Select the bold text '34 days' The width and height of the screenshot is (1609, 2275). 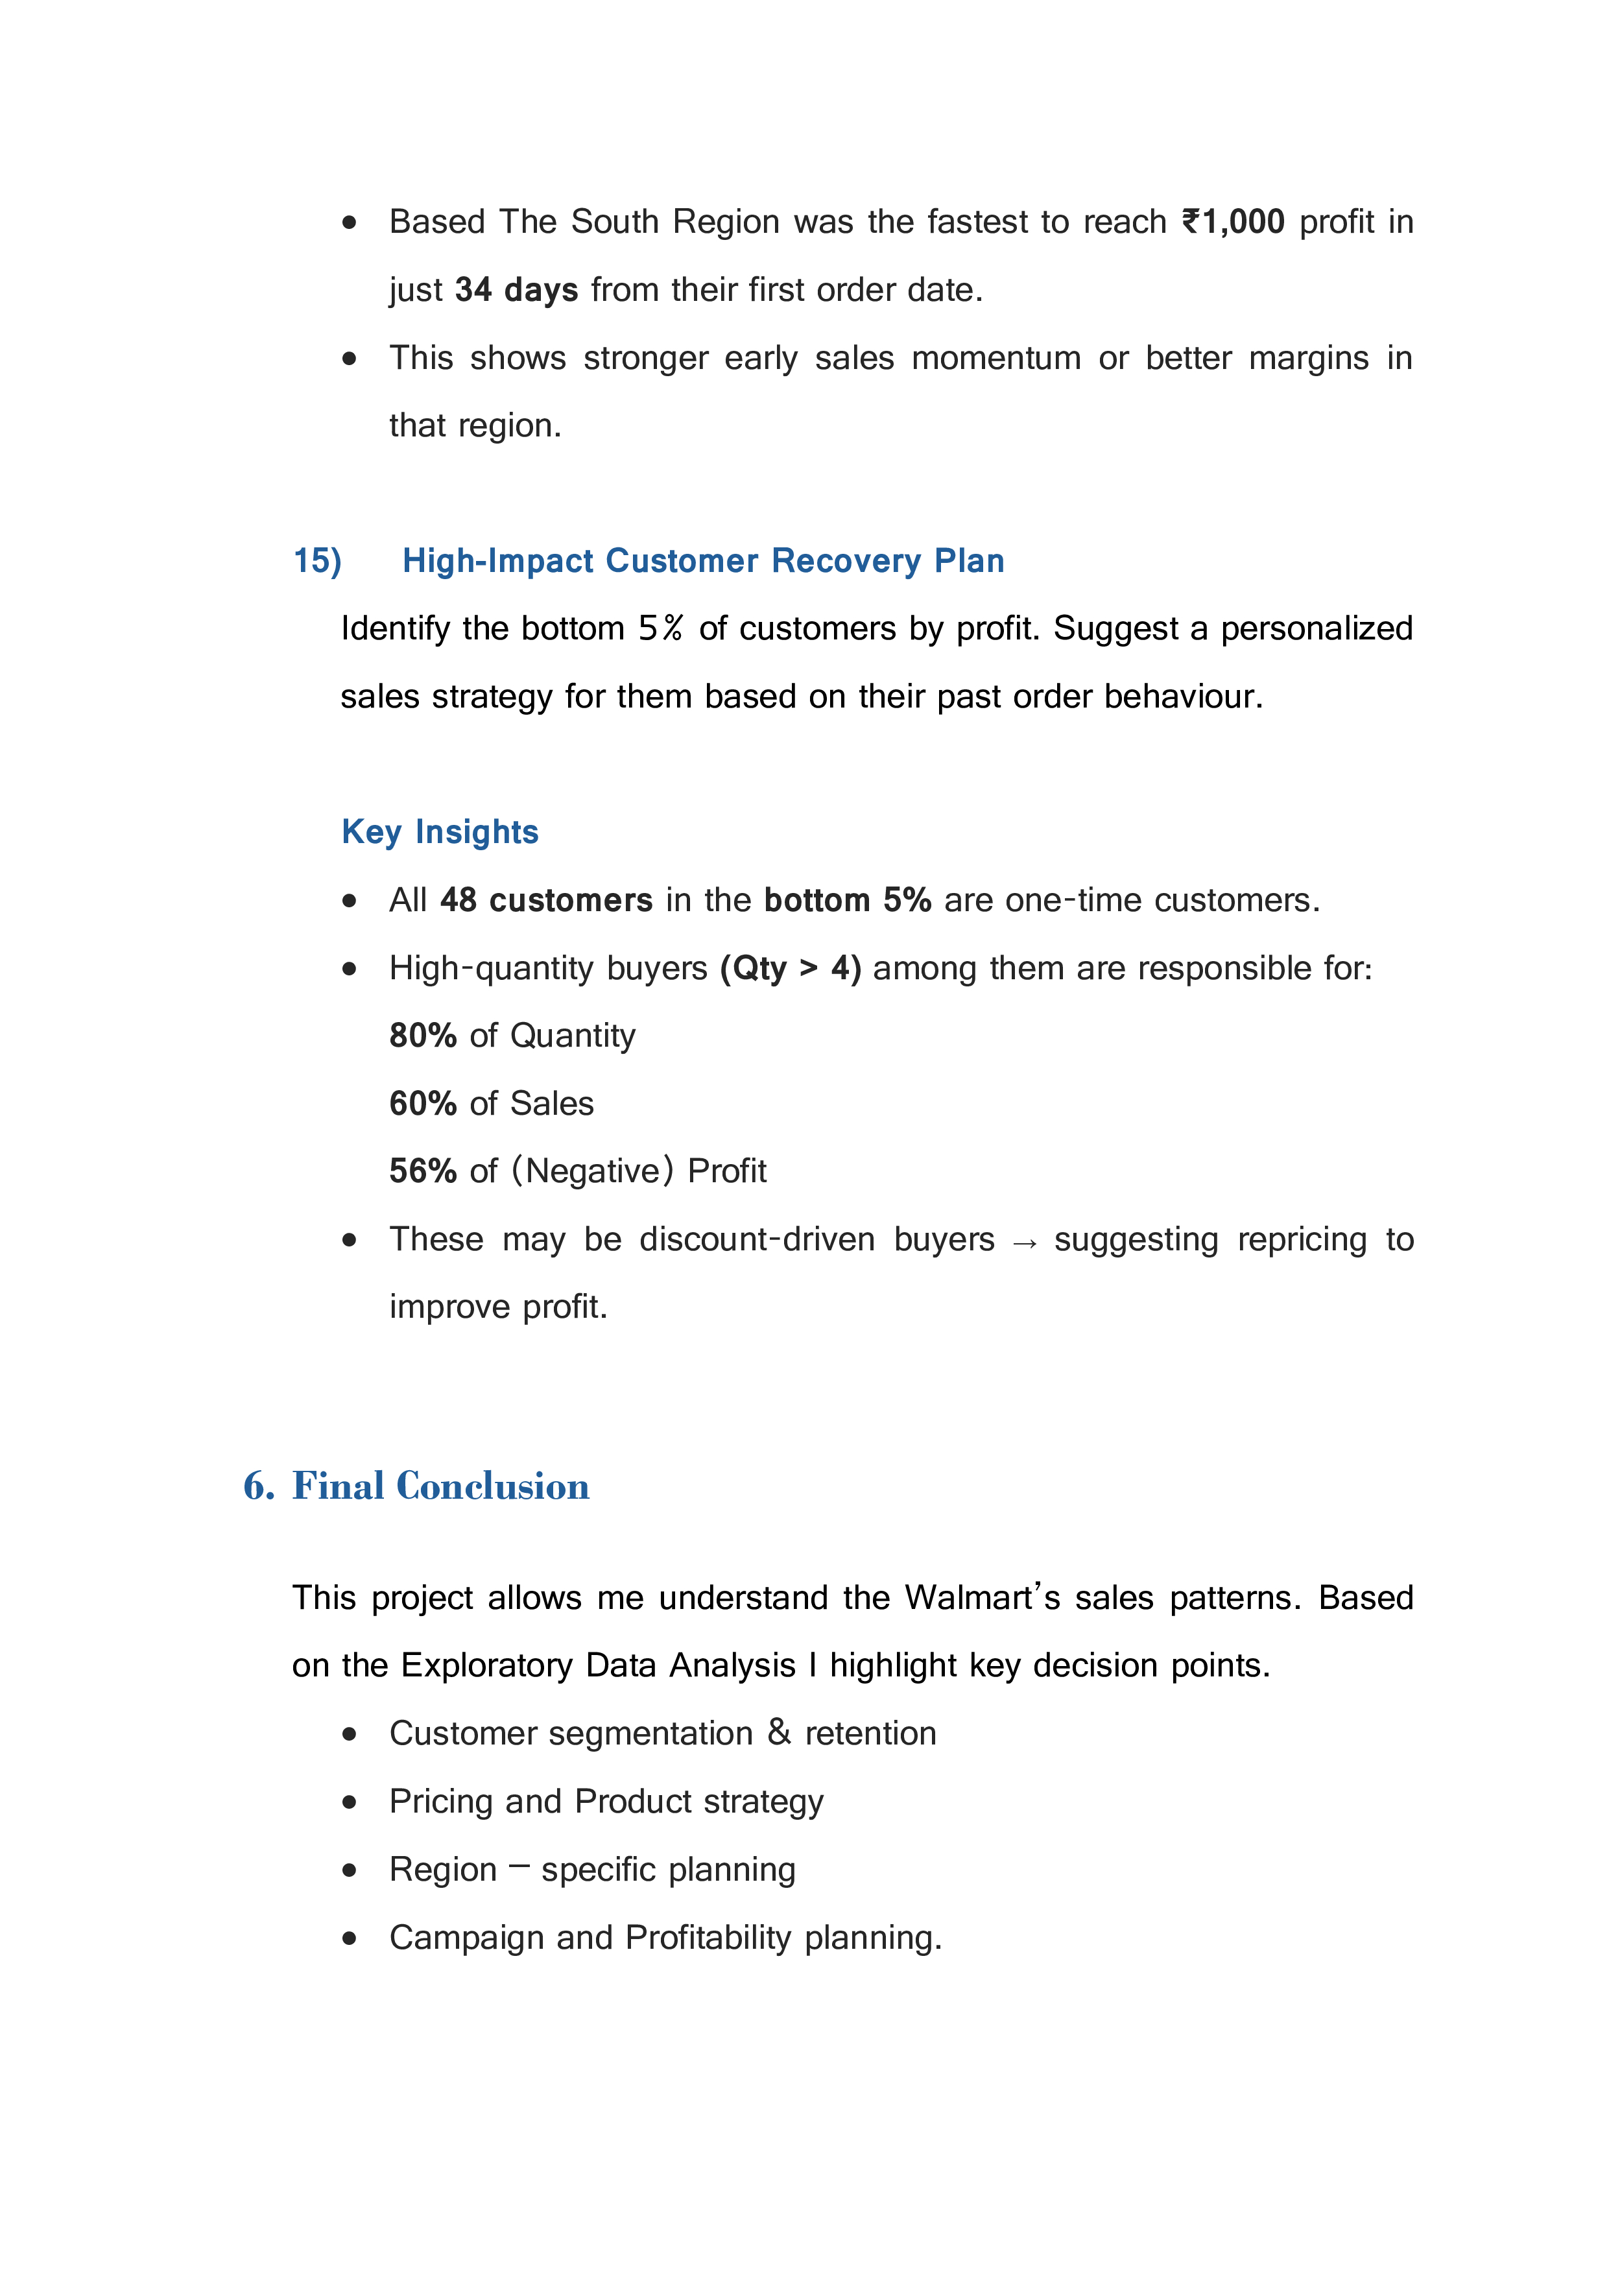(x=516, y=291)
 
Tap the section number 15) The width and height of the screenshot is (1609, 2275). (x=317, y=561)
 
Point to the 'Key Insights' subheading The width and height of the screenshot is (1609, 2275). (x=440, y=832)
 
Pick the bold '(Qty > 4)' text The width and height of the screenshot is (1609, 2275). (x=791, y=968)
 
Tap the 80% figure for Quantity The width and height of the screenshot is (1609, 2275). (x=422, y=1036)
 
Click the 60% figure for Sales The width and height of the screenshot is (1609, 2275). (x=422, y=1104)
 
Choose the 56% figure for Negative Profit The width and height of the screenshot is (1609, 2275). (x=422, y=1171)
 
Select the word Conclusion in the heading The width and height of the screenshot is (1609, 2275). (x=492, y=1486)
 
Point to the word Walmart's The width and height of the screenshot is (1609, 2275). (x=982, y=1598)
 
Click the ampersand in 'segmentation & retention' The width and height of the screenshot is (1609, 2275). (x=779, y=1733)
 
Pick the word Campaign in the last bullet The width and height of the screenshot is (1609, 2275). (x=467, y=1938)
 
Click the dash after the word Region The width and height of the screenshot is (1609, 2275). (x=519, y=1867)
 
